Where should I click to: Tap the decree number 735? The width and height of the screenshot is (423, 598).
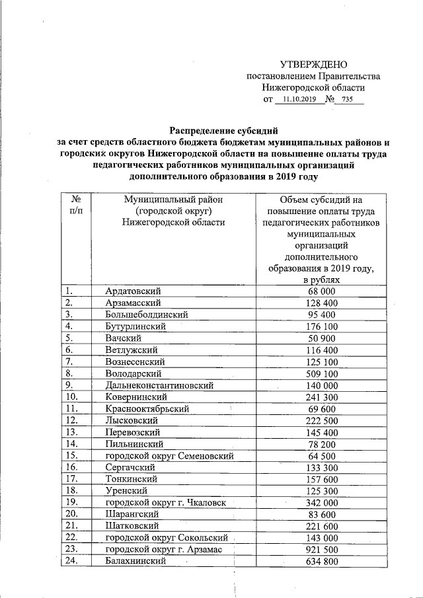348,100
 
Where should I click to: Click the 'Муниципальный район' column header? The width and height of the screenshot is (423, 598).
173,211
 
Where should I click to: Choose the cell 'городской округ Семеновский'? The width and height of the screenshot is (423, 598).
169,456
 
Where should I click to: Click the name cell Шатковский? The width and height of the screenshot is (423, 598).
132,527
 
